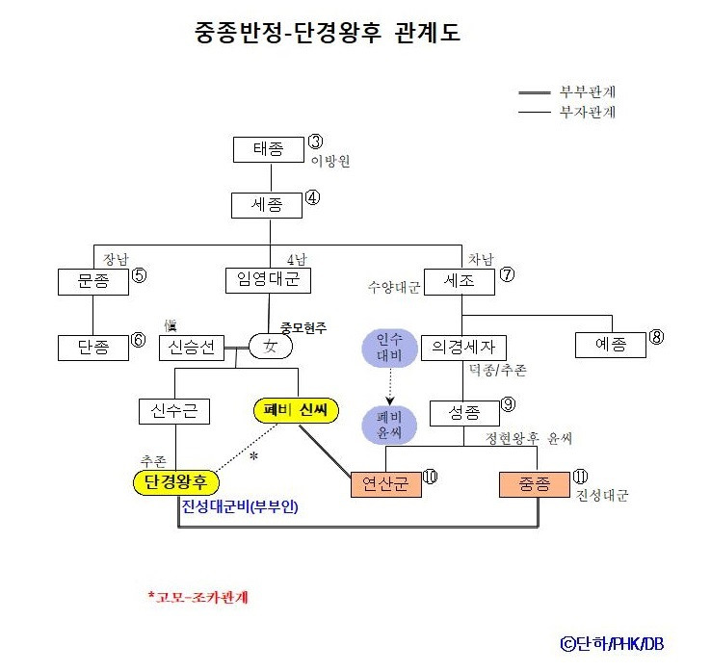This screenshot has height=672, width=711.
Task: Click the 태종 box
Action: (269, 150)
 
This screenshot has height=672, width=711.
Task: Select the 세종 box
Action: (267, 205)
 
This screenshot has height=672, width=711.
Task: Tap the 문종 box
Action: (92, 281)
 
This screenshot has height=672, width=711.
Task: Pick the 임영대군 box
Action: (270, 281)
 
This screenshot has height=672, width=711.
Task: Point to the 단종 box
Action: (92, 348)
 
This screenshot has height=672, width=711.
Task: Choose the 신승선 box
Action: (192, 348)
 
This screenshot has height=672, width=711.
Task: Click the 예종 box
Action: (611, 344)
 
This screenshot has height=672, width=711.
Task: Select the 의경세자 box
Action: (464, 348)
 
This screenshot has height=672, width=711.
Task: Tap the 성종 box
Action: (464, 413)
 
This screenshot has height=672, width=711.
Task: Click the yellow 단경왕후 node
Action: (176, 481)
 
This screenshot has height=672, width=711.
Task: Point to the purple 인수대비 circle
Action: (388, 347)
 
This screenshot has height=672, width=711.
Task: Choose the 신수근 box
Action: (174, 412)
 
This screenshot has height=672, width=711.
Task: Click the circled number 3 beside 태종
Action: (315, 142)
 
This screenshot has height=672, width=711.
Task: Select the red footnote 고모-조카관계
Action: (198, 597)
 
